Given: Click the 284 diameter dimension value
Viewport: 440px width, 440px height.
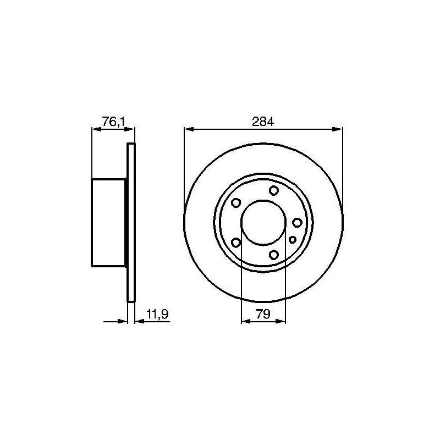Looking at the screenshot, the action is coord(263,122).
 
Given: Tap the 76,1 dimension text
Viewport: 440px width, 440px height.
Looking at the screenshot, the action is coord(113,122).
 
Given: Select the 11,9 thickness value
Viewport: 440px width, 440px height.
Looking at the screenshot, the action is coord(157,314).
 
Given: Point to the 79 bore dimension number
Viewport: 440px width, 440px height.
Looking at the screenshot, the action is coord(263,314).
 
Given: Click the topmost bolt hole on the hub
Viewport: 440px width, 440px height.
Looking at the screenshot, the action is coord(273,190).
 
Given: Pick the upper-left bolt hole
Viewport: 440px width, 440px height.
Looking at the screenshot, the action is coord(236,202).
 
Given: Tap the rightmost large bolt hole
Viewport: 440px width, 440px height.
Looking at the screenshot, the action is coord(297,223).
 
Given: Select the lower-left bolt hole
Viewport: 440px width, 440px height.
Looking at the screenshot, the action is coord(236,243).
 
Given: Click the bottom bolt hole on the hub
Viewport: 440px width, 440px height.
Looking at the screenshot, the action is coord(273,255).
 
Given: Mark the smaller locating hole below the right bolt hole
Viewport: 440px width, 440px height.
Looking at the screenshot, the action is coord(293,240).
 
